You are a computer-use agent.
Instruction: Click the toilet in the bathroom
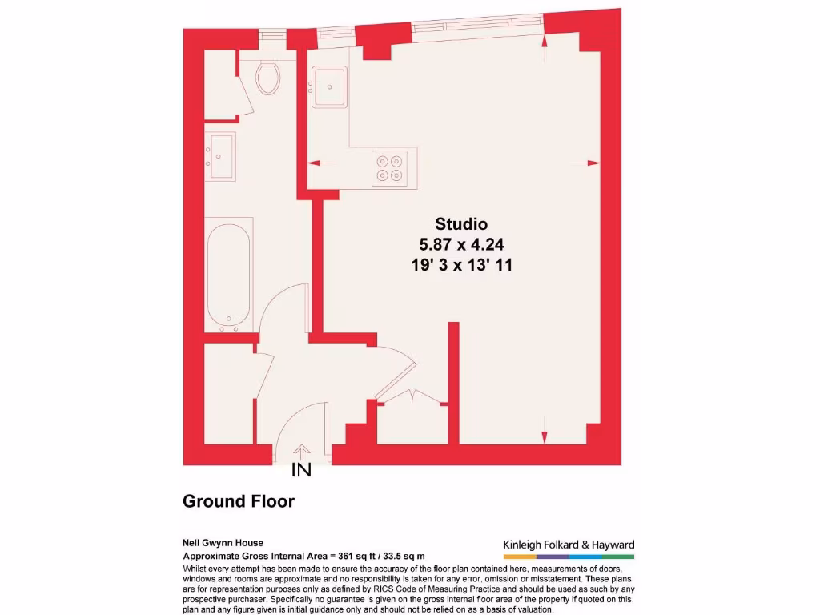click(267, 77)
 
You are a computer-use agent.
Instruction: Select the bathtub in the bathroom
click(229, 275)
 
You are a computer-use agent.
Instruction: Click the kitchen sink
click(328, 86)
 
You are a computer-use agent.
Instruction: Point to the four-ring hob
click(390, 167)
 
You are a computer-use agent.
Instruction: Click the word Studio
click(461, 224)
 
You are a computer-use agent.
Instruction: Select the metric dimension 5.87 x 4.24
click(461, 245)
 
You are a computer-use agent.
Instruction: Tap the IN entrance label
click(301, 471)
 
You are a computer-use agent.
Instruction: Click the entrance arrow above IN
click(302, 452)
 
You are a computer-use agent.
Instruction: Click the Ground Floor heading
click(239, 502)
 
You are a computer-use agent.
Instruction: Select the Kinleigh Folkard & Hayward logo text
click(569, 545)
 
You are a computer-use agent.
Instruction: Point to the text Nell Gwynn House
click(223, 543)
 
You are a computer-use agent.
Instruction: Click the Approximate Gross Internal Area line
click(303, 556)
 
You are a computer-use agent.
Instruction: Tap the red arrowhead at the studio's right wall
click(593, 163)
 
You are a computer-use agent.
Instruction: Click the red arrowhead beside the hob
click(315, 163)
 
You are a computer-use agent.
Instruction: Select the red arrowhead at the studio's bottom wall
click(545, 436)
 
